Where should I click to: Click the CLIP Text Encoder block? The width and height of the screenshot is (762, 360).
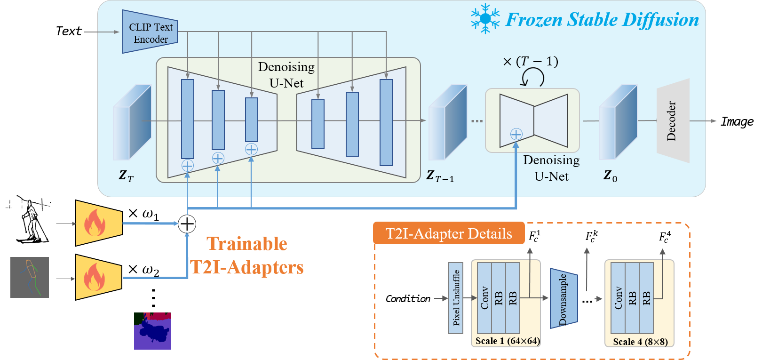pos(150,32)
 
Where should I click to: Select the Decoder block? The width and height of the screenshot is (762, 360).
pos(673,121)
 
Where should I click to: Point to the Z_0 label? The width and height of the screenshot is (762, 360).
pos(610,176)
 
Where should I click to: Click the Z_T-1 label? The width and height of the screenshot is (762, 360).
pos(440,176)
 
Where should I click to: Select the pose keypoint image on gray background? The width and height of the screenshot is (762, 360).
pos(30,277)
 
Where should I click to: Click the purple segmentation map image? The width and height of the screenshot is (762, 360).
pos(152,331)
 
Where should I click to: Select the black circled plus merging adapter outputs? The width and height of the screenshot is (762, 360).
pos(187,224)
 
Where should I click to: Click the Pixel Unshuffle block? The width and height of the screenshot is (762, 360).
pos(456,298)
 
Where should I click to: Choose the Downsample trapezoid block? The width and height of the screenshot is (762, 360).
pos(564,298)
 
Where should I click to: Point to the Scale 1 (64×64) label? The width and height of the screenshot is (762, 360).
pos(507,341)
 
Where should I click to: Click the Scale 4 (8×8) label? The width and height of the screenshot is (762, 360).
pos(640,342)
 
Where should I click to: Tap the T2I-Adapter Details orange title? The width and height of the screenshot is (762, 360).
pos(449,233)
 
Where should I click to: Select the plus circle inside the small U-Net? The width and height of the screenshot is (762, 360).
pos(516,134)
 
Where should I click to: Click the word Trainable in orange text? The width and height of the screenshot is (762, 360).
pos(247,244)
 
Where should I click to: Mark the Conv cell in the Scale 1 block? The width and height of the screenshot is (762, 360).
pos(484,298)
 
